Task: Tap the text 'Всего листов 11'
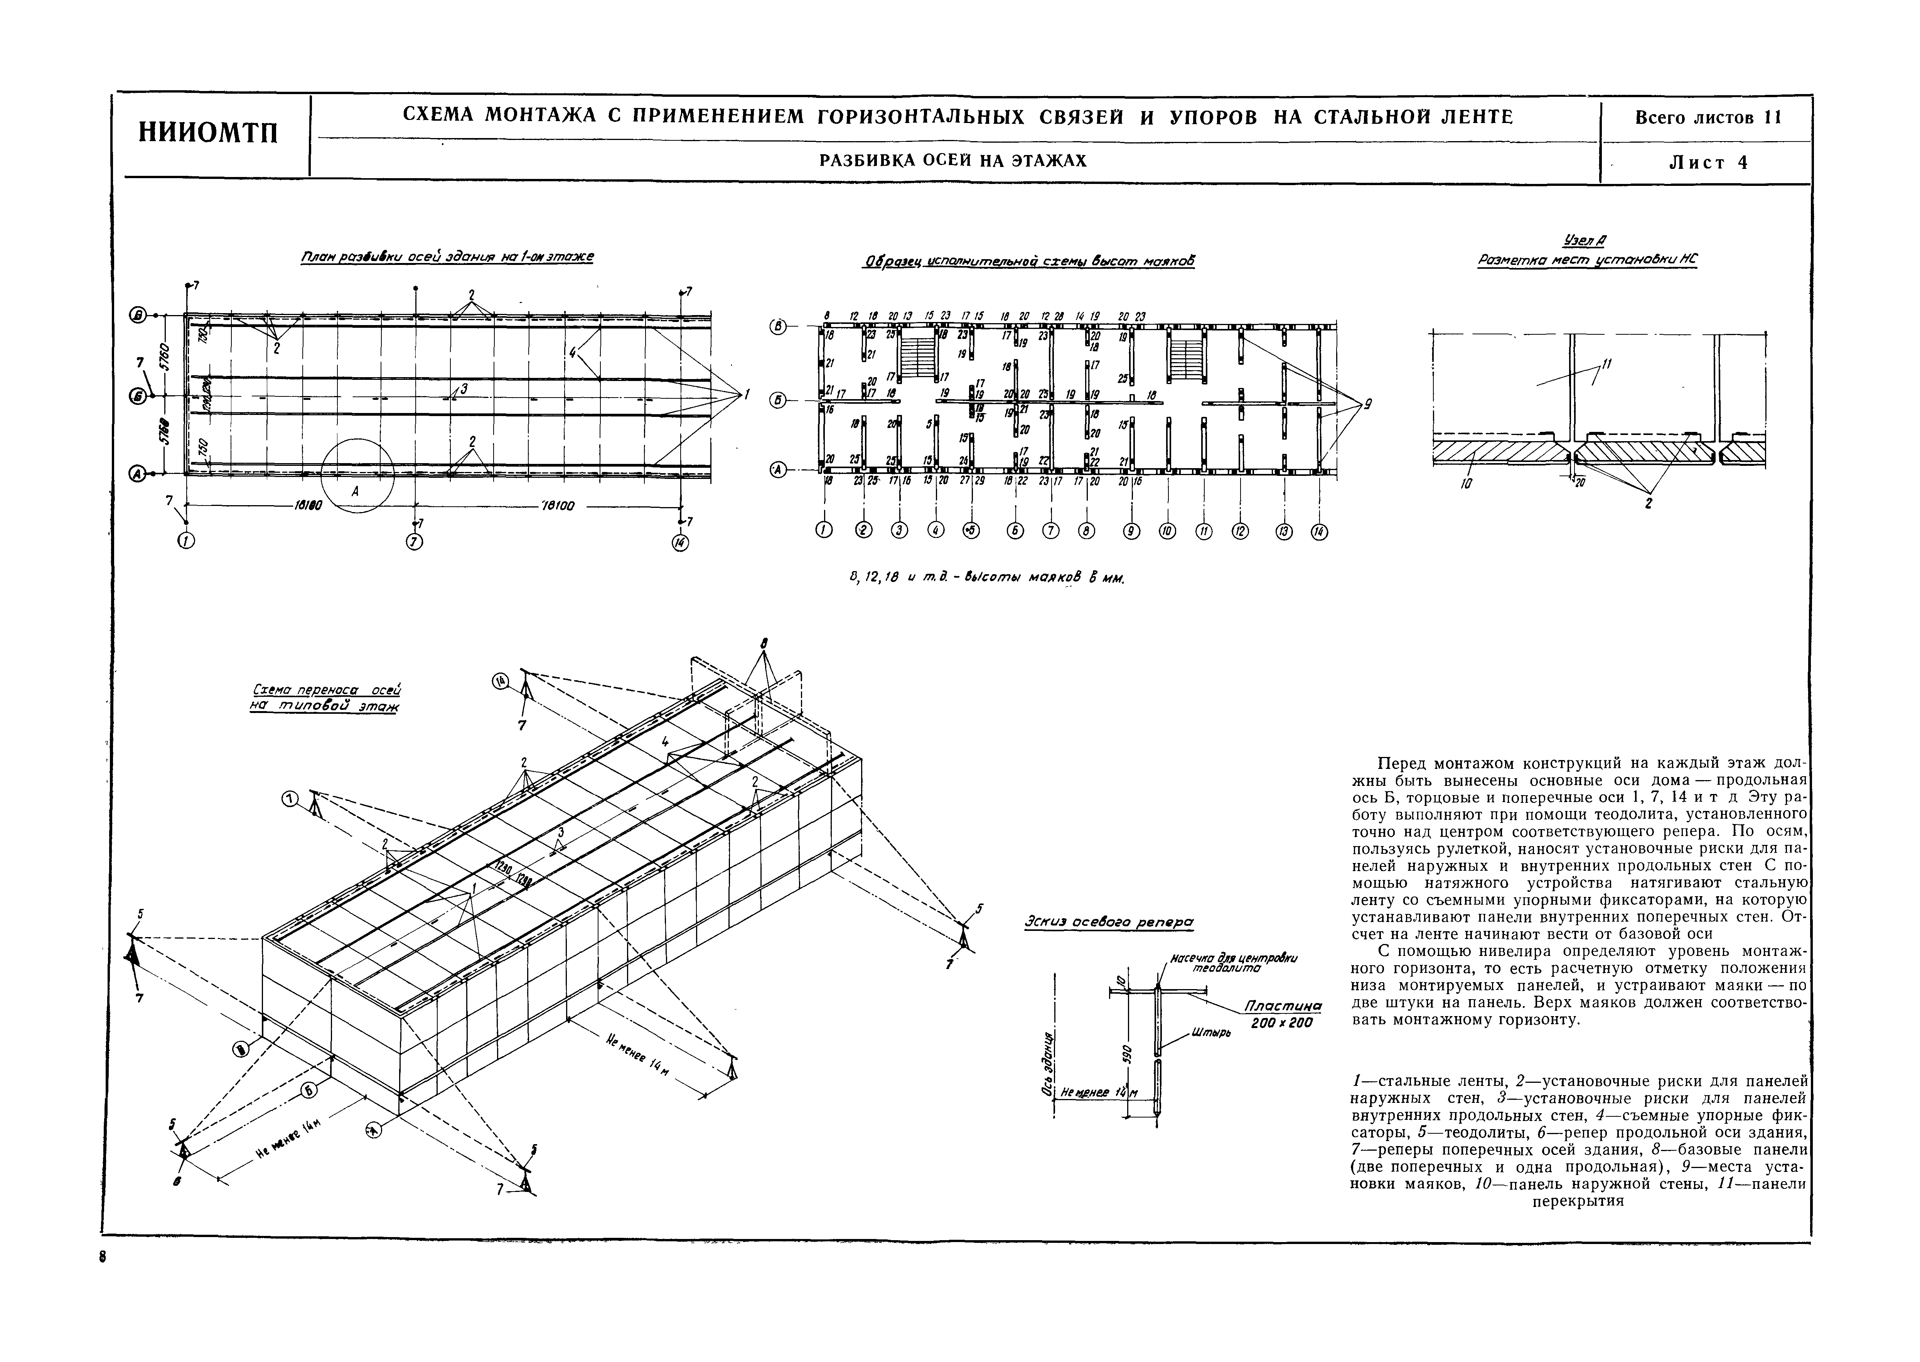[1707, 117]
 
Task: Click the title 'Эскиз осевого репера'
[1108, 922]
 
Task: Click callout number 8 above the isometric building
[764, 643]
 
